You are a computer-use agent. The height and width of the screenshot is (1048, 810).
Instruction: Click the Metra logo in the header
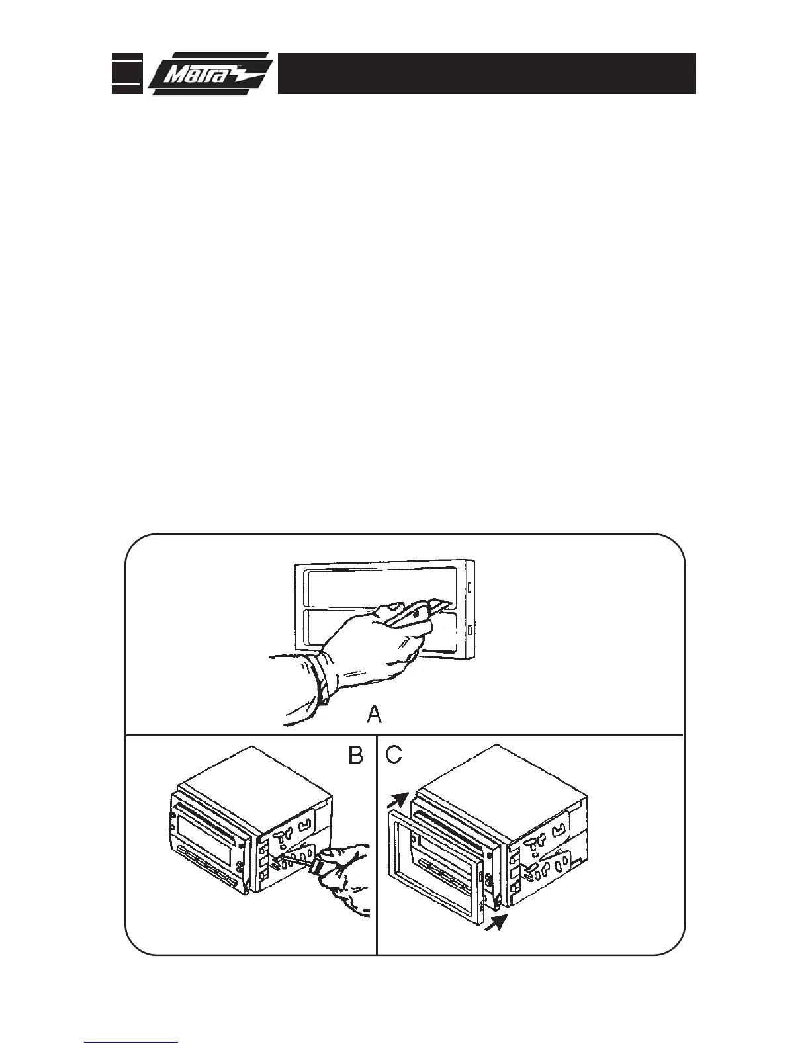coord(209,73)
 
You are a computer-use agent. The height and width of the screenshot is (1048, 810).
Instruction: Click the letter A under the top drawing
coord(375,715)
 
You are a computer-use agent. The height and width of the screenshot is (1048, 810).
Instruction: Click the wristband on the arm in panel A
coord(322,678)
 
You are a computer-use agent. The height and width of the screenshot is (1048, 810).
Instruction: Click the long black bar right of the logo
coord(486,73)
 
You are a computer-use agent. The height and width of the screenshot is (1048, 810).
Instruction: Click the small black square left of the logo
coord(126,73)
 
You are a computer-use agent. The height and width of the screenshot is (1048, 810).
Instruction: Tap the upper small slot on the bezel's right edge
coord(469,587)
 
